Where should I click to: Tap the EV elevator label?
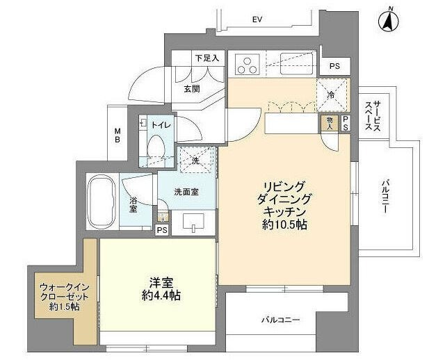point(256,20)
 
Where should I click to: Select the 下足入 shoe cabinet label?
point(207,58)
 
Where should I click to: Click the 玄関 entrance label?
point(192,89)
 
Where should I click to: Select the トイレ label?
point(161,124)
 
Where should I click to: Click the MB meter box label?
point(118,136)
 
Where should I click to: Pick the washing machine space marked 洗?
point(193,161)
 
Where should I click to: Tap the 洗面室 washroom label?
point(186,192)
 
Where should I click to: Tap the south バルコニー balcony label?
point(280,320)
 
